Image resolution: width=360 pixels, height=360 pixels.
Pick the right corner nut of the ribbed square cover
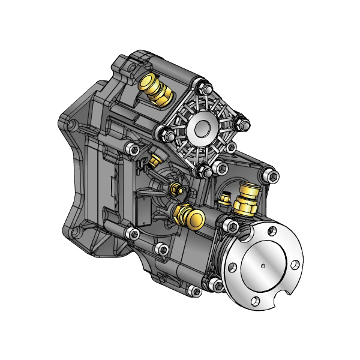tap(245, 125)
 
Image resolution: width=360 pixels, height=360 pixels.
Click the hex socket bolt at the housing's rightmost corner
tap(272, 175)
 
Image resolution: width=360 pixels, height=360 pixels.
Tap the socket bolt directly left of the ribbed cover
tap(134, 149)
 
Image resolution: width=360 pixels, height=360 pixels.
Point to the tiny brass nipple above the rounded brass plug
tap(175, 190)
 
